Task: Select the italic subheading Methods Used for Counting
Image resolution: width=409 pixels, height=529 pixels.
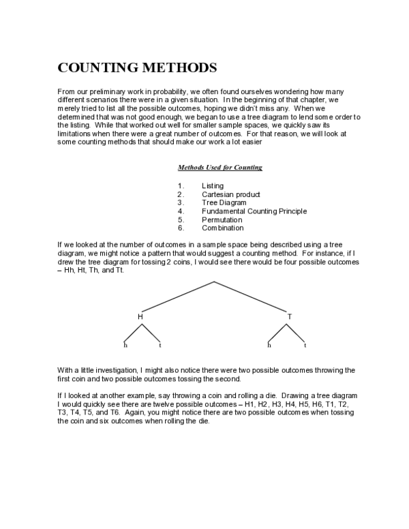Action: (219, 168)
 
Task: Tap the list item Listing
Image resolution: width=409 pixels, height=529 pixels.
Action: (212, 185)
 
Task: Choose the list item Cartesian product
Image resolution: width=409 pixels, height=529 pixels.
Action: (230, 194)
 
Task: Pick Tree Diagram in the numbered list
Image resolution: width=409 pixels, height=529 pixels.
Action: (224, 202)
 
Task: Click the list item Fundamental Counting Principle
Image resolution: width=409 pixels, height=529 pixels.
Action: (254, 211)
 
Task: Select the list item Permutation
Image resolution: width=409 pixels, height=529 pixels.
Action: (222, 220)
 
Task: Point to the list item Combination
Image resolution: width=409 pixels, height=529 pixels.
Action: (222, 228)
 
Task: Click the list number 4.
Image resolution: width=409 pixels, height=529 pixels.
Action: (180, 211)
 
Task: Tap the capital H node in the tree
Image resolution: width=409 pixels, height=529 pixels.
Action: (140, 317)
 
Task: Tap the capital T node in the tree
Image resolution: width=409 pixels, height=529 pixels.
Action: (289, 317)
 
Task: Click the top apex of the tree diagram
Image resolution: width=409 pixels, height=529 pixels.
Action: (214, 282)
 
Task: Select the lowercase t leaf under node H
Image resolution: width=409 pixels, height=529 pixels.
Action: (160, 346)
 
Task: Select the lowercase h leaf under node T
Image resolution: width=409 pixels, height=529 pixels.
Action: (269, 346)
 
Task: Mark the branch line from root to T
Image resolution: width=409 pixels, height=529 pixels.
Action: (252, 297)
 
